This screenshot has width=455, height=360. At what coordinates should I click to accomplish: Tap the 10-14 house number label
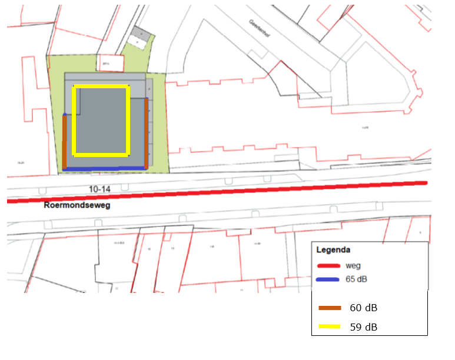click(x=84, y=188)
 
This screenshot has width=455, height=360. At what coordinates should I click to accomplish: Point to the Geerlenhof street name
click(x=260, y=28)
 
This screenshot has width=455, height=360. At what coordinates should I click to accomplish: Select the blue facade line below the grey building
click(x=105, y=169)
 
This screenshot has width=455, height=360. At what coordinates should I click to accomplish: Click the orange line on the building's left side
click(x=65, y=141)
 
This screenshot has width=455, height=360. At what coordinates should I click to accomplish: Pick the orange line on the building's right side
click(x=146, y=132)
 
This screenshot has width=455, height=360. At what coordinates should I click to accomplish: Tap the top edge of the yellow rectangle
click(x=100, y=87)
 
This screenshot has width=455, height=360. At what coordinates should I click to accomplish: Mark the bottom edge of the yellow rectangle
click(x=100, y=155)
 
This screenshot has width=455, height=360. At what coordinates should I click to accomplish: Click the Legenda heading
click(x=333, y=249)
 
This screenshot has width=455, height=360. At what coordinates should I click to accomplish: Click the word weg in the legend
click(x=353, y=266)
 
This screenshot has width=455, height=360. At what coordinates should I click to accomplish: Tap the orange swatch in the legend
click(x=330, y=308)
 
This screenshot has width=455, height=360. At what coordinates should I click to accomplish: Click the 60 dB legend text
click(x=364, y=308)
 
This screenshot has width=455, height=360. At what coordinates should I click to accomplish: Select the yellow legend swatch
click(x=330, y=326)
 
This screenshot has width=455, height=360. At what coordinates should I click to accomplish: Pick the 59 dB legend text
click(x=364, y=326)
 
